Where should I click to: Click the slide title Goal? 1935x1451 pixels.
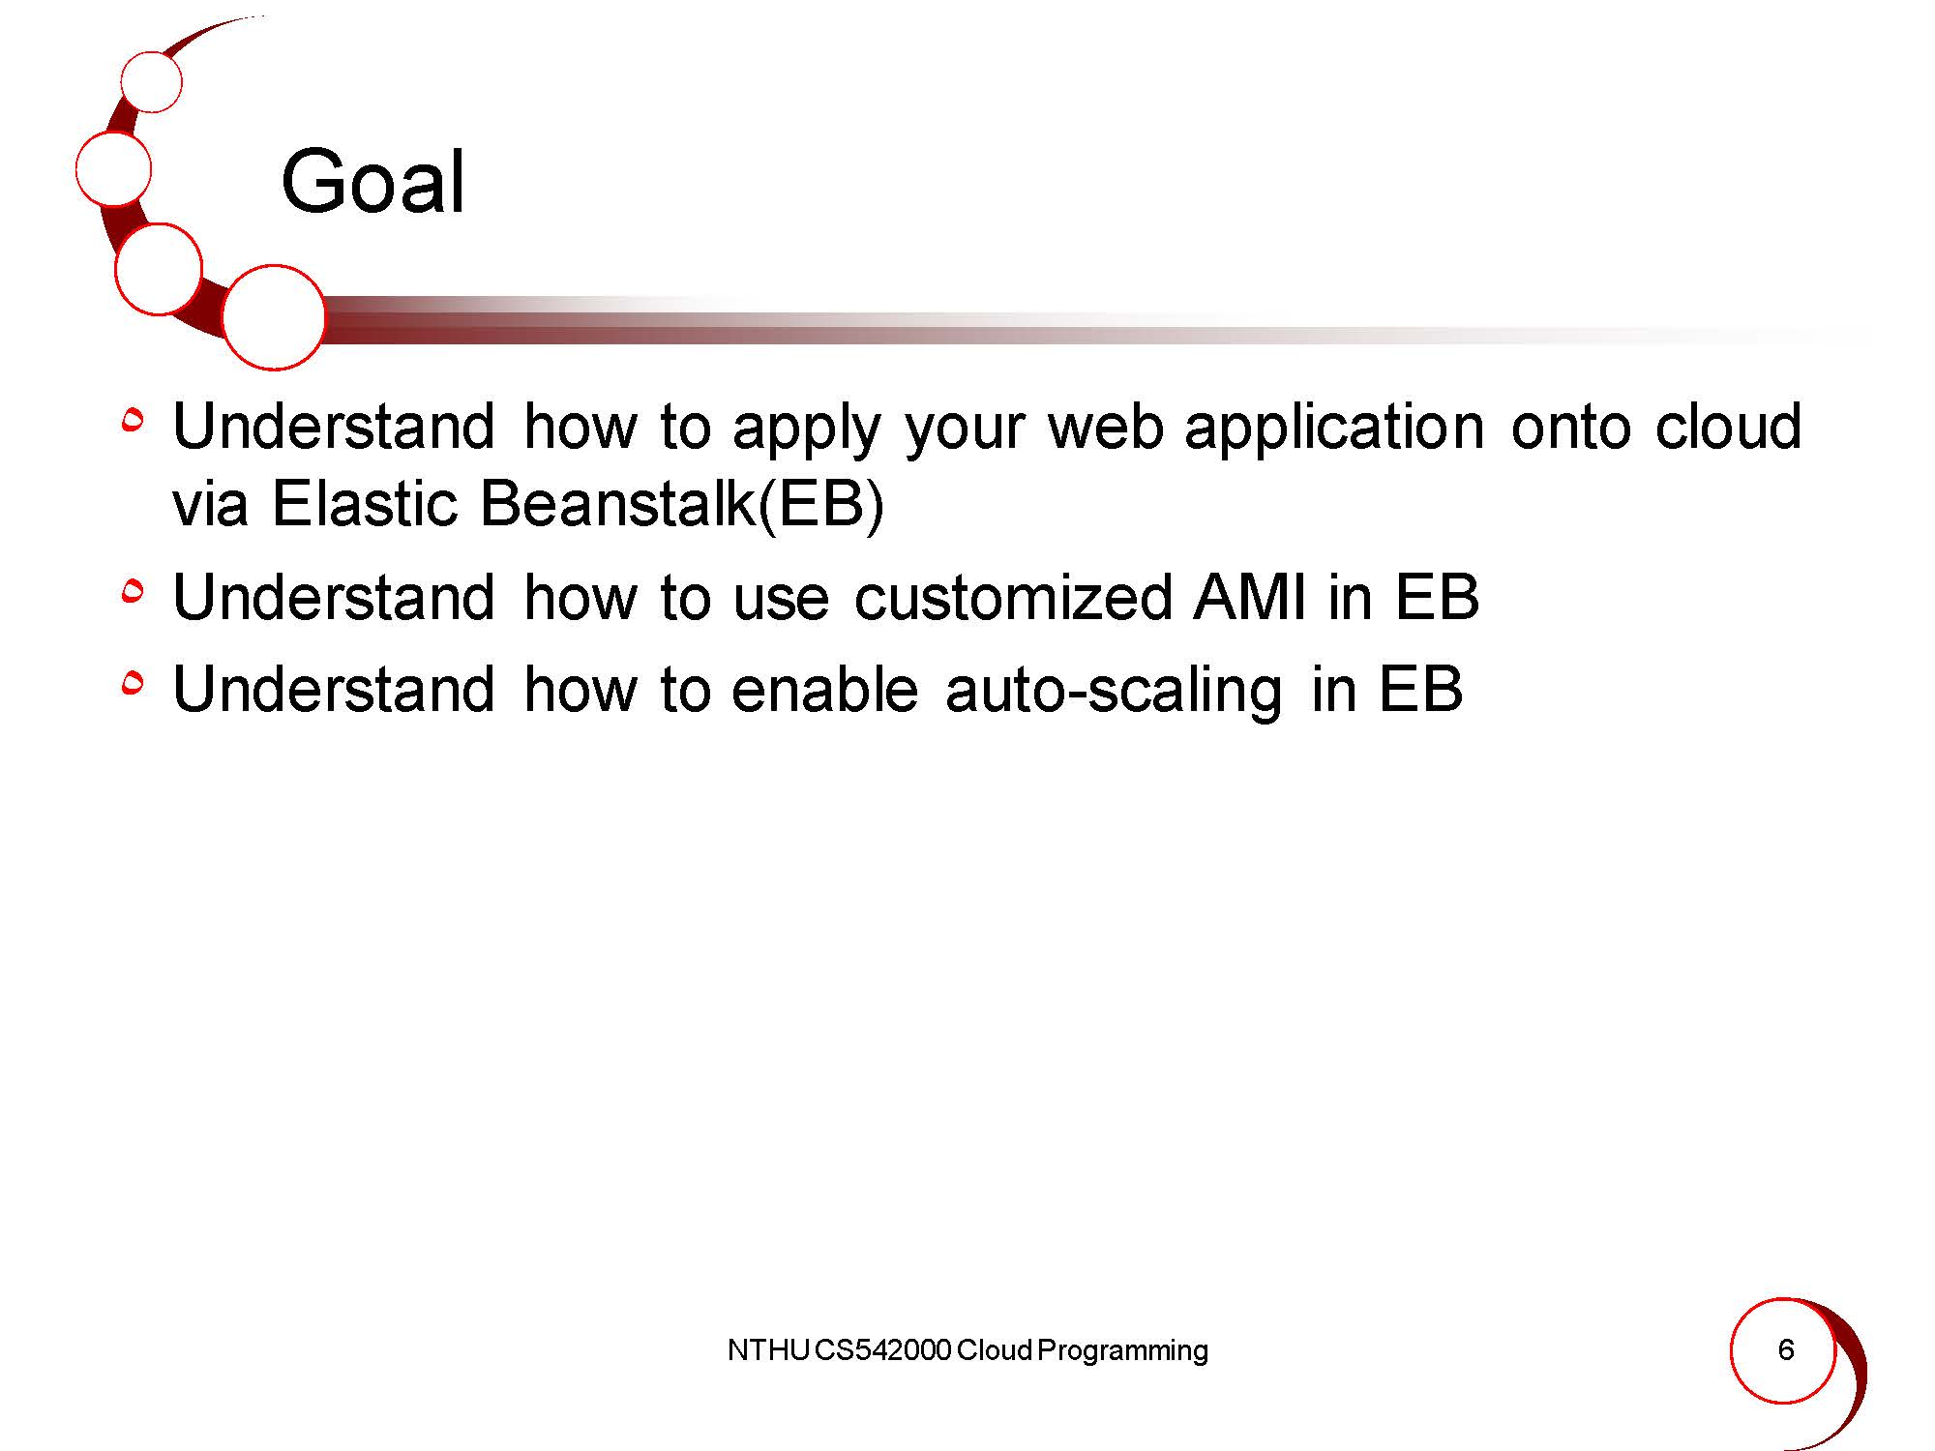pos(373,181)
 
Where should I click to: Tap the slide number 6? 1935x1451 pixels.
pos(1786,1349)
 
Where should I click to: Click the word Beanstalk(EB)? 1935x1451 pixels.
pos(681,504)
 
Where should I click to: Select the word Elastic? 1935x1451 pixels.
pos(364,504)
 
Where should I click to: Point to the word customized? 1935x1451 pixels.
pos(1013,597)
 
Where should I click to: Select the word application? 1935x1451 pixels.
pos(1334,427)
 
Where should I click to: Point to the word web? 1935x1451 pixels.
pos(1106,427)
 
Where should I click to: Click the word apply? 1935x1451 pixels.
pos(807,428)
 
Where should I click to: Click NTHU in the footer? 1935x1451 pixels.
pos(768,1350)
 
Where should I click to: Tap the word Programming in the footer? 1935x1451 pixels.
pos(1122,1351)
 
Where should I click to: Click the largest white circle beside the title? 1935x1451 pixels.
pos(274,317)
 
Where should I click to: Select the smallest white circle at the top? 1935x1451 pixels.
pos(152,81)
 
